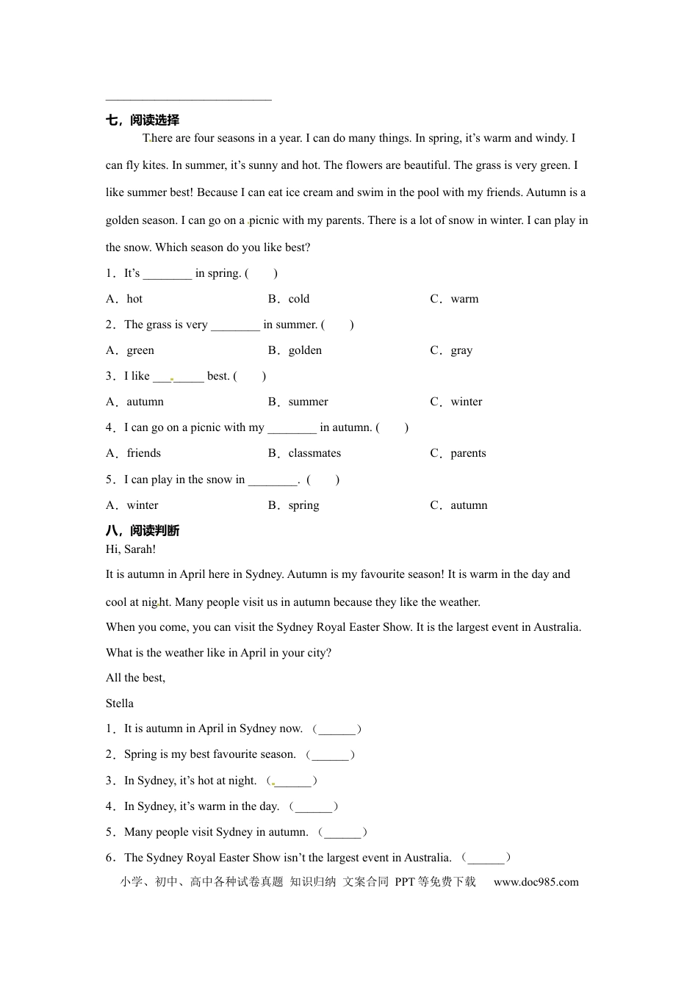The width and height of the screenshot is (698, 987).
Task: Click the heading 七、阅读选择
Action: pyautogui.click(x=143, y=120)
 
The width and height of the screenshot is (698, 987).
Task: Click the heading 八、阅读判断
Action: pyautogui.click(x=143, y=530)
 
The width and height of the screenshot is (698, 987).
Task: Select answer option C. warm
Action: pyautogui.click(x=454, y=299)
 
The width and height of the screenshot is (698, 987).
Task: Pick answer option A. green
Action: pyautogui.click(x=130, y=350)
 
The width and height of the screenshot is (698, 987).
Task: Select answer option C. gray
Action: pyautogui.click(x=451, y=350)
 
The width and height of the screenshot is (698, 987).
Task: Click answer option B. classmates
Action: pyautogui.click(x=304, y=453)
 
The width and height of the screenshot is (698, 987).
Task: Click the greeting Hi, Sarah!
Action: pyautogui.click(x=131, y=549)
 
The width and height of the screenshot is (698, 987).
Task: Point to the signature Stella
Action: pyautogui.click(x=120, y=704)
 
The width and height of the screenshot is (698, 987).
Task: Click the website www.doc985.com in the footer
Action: pyautogui.click(x=536, y=882)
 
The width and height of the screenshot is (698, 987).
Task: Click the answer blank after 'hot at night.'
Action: pyautogui.click(x=292, y=781)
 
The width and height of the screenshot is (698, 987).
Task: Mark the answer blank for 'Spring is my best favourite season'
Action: pyautogui.click(x=331, y=755)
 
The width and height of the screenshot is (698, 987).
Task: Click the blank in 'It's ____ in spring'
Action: pyautogui.click(x=168, y=274)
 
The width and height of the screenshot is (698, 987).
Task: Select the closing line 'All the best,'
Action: pyautogui.click(x=136, y=678)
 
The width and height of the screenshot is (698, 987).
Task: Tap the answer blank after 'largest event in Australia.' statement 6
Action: pyautogui.click(x=486, y=858)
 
